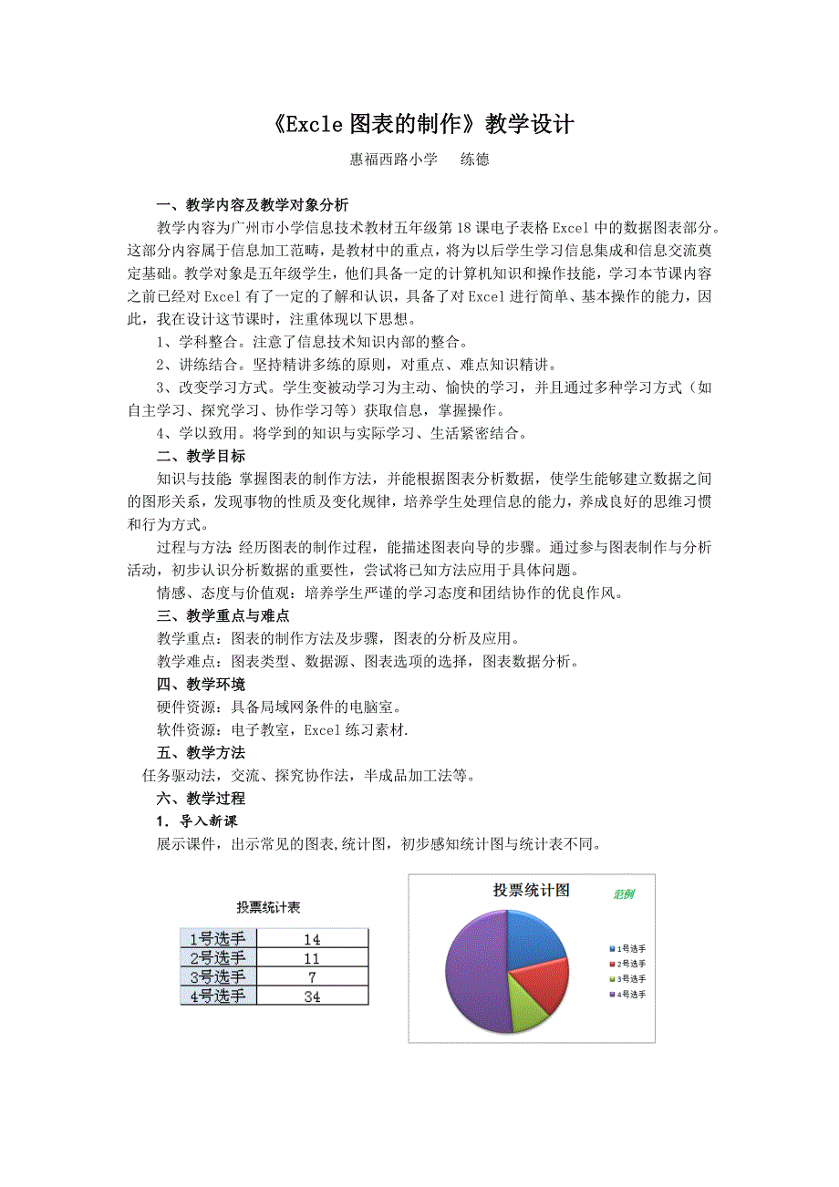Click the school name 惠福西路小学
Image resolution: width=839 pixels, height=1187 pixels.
(394, 160)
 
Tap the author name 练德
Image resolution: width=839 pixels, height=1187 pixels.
(474, 160)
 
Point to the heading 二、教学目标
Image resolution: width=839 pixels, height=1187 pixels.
(201, 456)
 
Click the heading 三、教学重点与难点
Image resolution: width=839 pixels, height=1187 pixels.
(223, 615)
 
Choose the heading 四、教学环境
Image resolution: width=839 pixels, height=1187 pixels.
(201, 684)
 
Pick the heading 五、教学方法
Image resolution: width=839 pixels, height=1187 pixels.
(201, 753)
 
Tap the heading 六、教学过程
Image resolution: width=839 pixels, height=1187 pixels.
(201, 799)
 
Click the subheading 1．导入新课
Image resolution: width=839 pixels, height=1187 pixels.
(197, 821)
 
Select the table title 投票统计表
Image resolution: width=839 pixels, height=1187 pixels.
(269, 907)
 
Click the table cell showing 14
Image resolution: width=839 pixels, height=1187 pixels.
(312, 939)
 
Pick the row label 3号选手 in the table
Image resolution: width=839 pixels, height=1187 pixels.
(218, 977)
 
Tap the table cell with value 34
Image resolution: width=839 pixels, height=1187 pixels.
(312, 996)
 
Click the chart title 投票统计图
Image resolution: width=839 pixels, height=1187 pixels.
(531, 890)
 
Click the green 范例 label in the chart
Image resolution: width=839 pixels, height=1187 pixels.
(624, 894)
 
